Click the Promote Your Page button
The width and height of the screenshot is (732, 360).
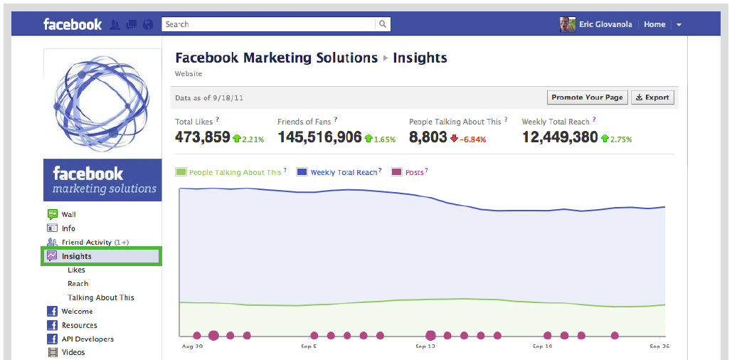pyautogui.click(x=587, y=97)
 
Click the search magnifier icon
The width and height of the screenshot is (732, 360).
pyautogui.click(x=383, y=24)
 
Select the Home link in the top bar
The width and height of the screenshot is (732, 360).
pyautogui.click(x=654, y=24)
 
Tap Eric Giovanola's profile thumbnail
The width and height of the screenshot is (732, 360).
pyautogui.click(x=568, y=24)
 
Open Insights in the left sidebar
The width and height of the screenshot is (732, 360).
pyautogui.click(x=76, y=256)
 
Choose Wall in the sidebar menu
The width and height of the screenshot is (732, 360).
pyautogui.click(x=68, y=214)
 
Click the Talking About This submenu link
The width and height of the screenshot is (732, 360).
pyautogui.click(x=100, y=297)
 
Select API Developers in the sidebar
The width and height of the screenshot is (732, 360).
pyautogui.click(x=87, y=339)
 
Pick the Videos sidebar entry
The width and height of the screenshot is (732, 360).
pyautogui.click(x=73, y=352)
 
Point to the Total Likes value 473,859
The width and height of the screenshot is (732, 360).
pyautogui.click(x=203, y=137)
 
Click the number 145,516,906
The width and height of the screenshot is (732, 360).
pyautogui.click(x=319, y=137)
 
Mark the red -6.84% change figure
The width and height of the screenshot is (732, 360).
pyautogui.click(x=472, y=139)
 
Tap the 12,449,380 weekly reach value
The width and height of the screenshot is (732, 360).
pyautogui.click(x=560, y=137)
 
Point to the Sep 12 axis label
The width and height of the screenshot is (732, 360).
pyautogui.click(x=425, y=346)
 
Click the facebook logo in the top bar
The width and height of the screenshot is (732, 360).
pyautogui.click(x=73, y=24)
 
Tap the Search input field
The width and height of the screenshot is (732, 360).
pyautogui.click(x=269, y=24)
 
